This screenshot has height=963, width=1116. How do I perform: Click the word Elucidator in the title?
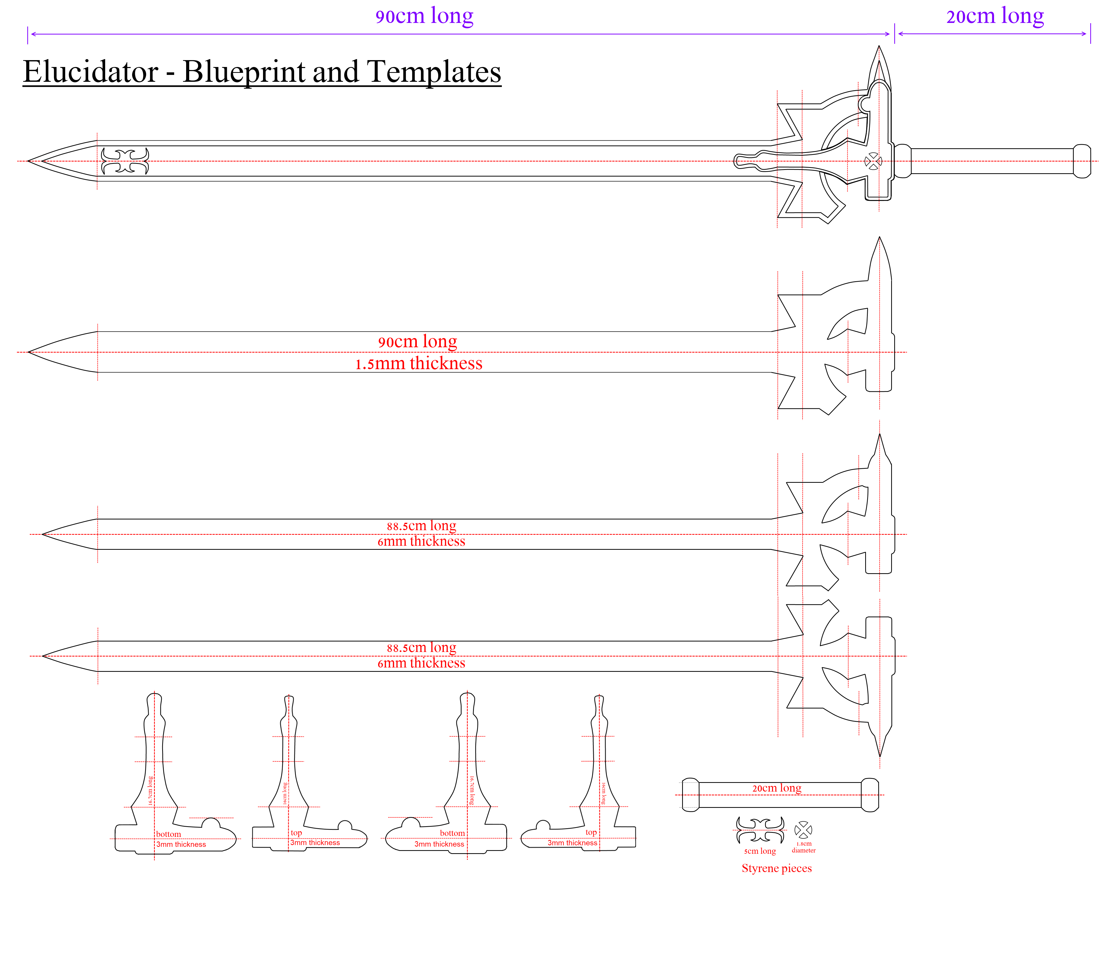(x=90, y=72)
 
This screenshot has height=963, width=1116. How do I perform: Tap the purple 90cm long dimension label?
(x=424, y=16)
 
